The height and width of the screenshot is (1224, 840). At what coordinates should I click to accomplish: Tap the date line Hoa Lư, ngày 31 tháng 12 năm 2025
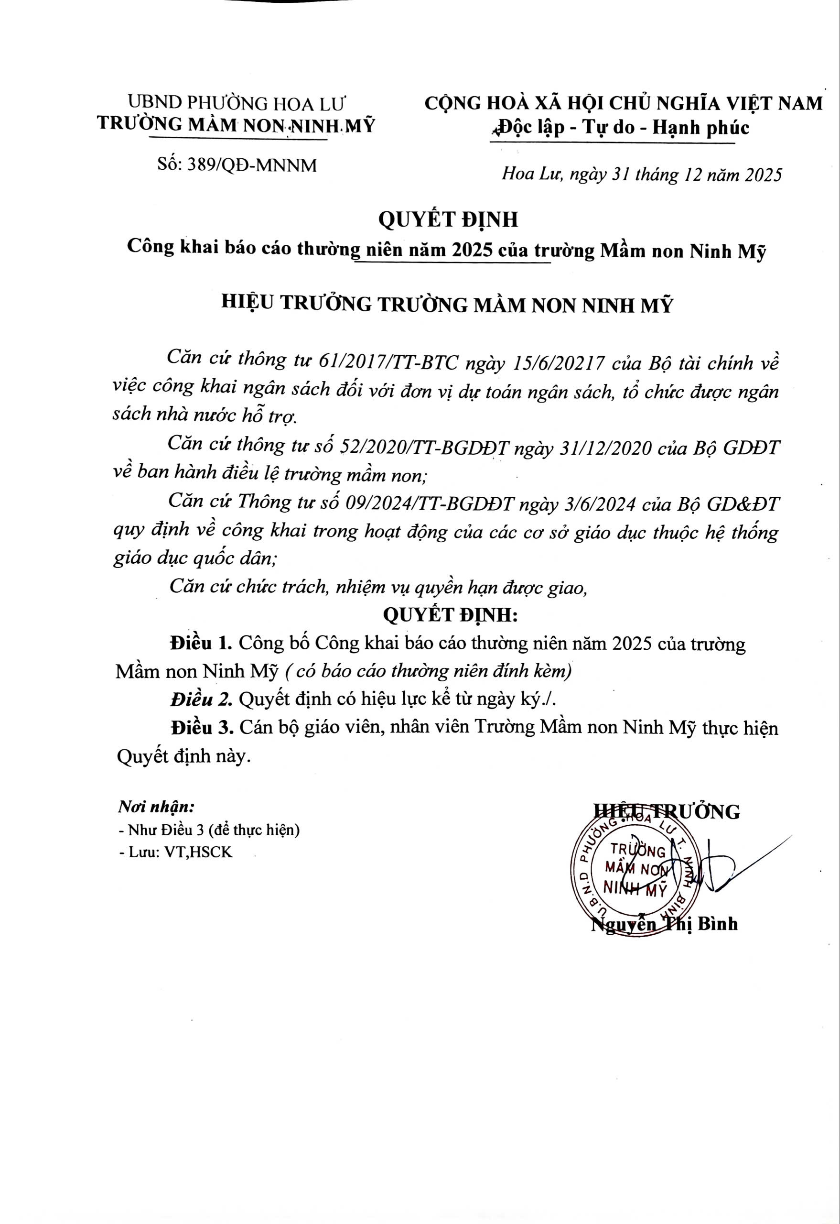pyautogui.click(x=642, y=175)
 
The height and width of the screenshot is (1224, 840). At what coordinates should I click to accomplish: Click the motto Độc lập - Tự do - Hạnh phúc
pyautogui.click(x=619, y=128)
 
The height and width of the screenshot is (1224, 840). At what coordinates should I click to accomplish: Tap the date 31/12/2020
pyautogui.click(x=605, y=448)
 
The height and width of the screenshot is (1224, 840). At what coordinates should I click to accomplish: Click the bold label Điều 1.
pyautogui.click(x=200, y=644)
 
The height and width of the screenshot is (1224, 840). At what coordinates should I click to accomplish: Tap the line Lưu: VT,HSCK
pyautogui.click(x=176, y=852)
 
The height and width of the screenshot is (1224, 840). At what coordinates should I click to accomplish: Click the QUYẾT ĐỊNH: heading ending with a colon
pyautogui.click(x=451, y=615)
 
